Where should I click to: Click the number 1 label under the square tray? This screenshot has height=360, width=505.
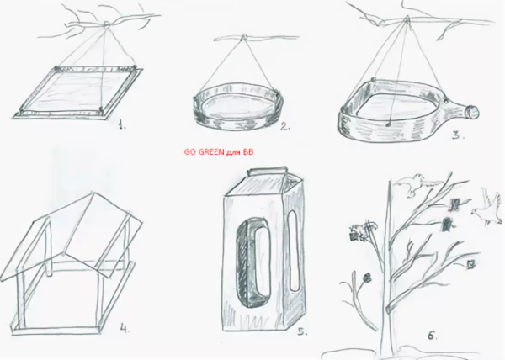[x=121, y=124]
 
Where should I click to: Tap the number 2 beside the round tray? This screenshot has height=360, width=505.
[x=285, y=126]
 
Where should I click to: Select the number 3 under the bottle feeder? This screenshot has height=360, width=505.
[x=457, y=135]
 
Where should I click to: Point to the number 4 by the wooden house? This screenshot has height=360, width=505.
[x=125, y=328]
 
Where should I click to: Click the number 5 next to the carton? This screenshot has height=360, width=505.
[x=302, y=331]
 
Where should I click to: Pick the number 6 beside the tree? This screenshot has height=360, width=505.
[x=433, y=336]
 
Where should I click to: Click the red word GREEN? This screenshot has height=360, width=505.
[x=211, y=152]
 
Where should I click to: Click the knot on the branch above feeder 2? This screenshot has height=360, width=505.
[x=244, y=37]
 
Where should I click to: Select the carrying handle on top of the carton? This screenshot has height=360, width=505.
[x=267, y=170]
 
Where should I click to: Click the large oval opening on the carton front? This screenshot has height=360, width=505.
[x=253, y=262]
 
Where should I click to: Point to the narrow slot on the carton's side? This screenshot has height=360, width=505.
[x=293, y=251]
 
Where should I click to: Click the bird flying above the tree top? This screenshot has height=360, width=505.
[x=418, y=184]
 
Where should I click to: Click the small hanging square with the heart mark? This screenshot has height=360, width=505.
[x=470, y=264]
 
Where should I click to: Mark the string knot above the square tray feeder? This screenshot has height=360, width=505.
[x=107, y=24]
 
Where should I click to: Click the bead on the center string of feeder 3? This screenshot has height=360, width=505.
[x=389, y=123]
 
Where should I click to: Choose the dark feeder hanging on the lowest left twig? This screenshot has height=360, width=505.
[x=367, y=277]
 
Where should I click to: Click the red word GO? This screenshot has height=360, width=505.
[x=190, y=152]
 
